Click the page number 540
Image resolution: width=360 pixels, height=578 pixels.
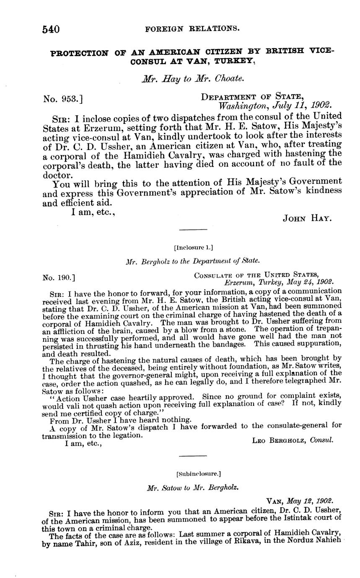pos(51,29)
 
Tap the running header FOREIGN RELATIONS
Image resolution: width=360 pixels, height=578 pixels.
pos(192,29)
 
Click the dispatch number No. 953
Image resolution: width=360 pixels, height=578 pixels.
pos(63,99)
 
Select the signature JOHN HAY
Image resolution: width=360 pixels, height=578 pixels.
pos(308,218)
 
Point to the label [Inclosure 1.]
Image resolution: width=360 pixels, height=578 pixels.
pos(193,247)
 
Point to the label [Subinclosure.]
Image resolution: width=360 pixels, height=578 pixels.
pos(193,474)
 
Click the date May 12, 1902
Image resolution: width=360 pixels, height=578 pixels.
pos(311,501)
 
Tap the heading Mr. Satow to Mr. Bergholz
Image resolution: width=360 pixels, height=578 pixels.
pos(193,488)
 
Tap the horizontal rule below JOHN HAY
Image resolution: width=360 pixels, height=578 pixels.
pos(193,230)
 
